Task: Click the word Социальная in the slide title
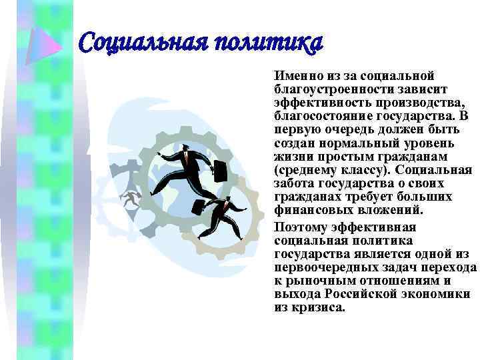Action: [x=136, y=44]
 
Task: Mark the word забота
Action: [x=293, y=184]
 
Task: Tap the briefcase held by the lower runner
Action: [x=199, y=207]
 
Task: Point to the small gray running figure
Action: [x=131, y=199]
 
